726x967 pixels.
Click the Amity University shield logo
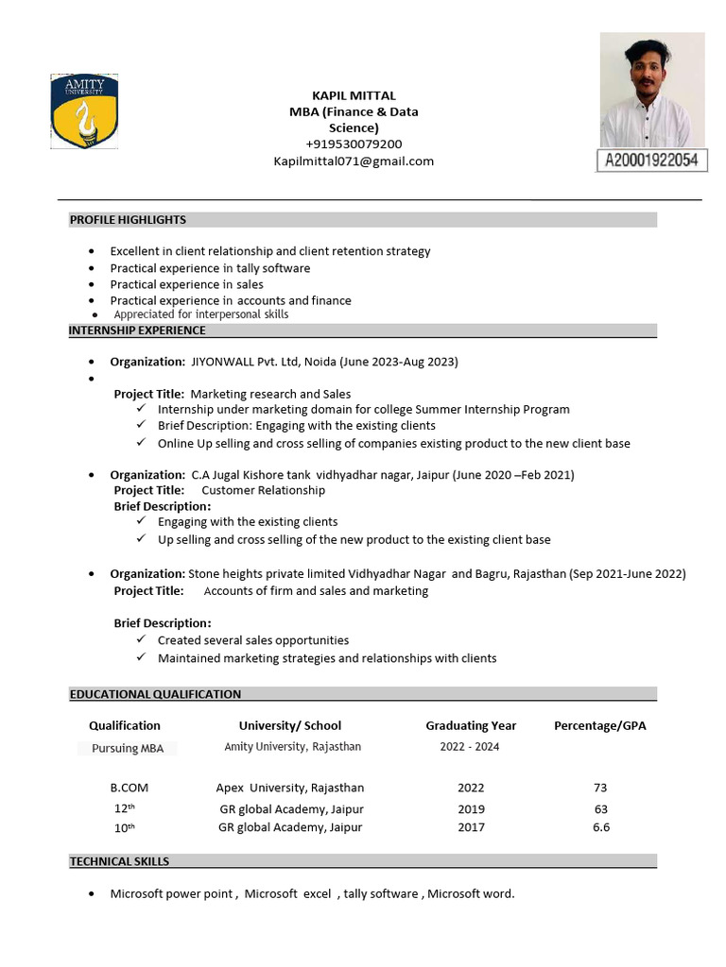pyautogui.click(x=84, y=111)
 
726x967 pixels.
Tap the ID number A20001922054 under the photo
pyautogui.click(x=651, y=161)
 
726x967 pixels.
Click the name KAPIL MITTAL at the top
pyautogui.click(x=354, y=95)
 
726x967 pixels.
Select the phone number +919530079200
pyautogui.click(x=354, y=144)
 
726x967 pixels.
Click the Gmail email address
pyautogui.click(x=354, y=161)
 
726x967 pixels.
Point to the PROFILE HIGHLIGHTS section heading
pyautogui.click(x=128, y=220)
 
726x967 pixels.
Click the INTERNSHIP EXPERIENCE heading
pyautogui.click(x=137, y=331)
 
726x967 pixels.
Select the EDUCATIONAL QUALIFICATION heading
pyautogui.click(x=155, y=694)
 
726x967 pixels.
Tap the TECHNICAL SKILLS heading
pyautogui.click(x=119, y=861)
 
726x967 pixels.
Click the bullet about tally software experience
pyautogui.click(x=210, y=268)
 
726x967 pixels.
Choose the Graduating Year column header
pyautogui.click(x=471, y=725)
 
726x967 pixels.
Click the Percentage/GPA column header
pyautogui.click(x=600, y=725)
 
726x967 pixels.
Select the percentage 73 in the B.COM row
pyautogui.click(x=601, y=788)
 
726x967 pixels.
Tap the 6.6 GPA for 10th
pyautogui.click(x=601, y=827)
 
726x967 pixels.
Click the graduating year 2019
pyautogui.click(x=471, y=808)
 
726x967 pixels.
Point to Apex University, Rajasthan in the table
pyautogui.click(x=290, y=788)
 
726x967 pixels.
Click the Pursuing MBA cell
pyautogui.click(x=128, y=748)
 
